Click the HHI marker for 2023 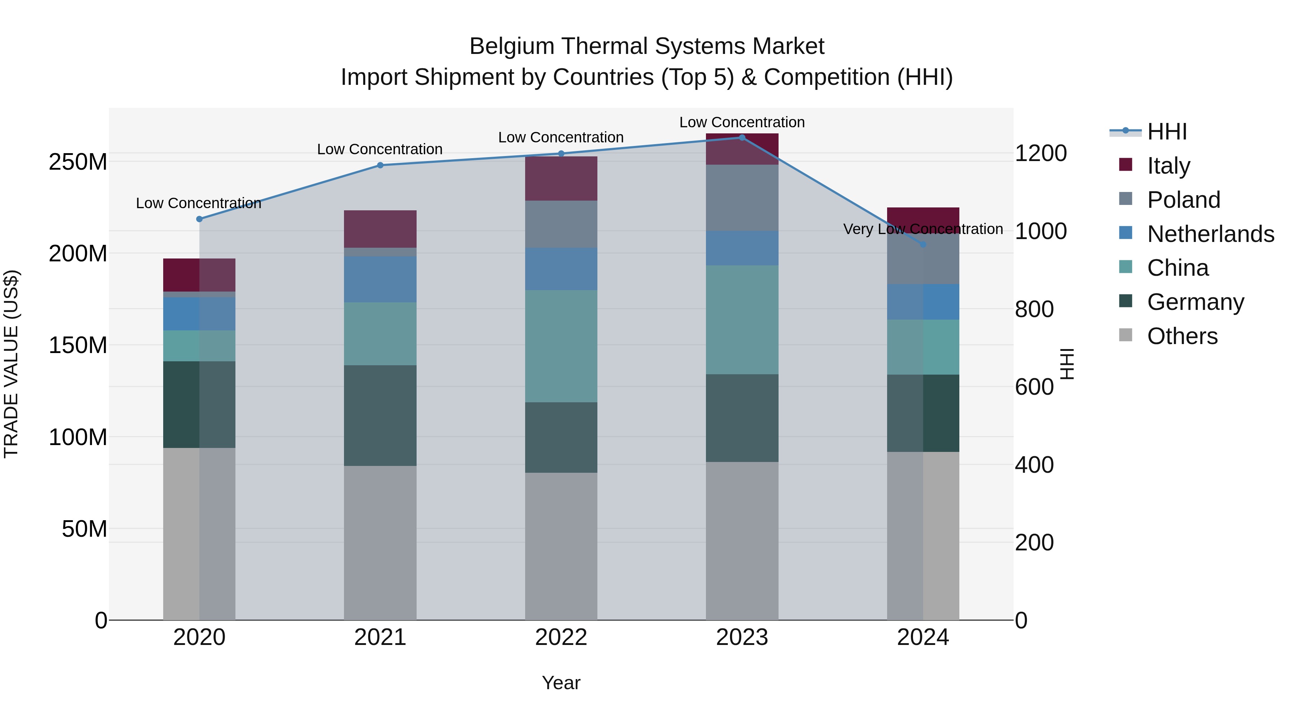[742, 137]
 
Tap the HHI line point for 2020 [199, 219]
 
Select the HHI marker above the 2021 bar [380, 165]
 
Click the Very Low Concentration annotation [923, 229]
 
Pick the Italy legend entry [1169, 166]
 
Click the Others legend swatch [1126, 335]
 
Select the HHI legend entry [1166, 132]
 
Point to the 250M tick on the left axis [78, 162]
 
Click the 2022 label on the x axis [561, 637]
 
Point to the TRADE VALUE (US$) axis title [11, 364]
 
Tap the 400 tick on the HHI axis [1034, 465]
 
